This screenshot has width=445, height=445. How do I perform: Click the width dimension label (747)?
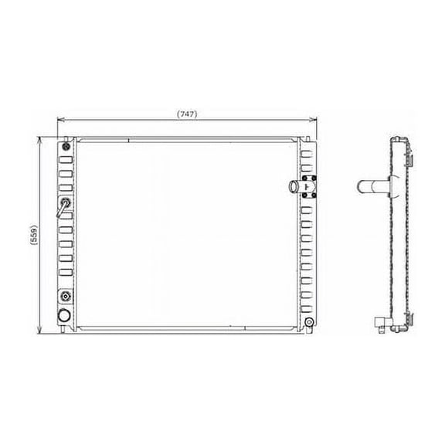[x=186, y=114]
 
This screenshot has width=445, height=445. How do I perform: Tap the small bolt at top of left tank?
[x=66, y=147]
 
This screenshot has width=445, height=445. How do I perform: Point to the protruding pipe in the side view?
[x=373, y=187]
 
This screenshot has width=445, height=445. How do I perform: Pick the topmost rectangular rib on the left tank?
[x=66, y=160]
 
